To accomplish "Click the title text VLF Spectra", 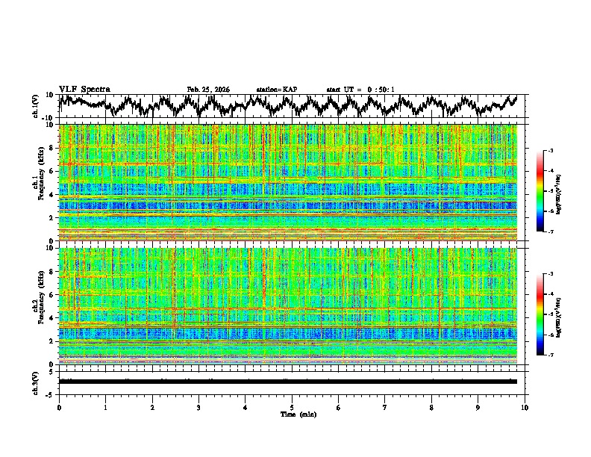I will point(84,89).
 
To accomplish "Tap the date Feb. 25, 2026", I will point(208,90).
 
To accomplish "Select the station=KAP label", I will point(277,90).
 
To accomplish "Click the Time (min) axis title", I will point(292,414).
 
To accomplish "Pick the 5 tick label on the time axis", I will point(292,408).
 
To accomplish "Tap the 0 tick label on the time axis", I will point(59,408).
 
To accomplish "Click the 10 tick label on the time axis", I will point(525,408).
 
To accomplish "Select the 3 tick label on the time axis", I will point(198,408).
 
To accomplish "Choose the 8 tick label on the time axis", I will point(431,408).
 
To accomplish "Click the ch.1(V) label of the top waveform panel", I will point(36,106).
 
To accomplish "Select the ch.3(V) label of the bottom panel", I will point(36,381).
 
